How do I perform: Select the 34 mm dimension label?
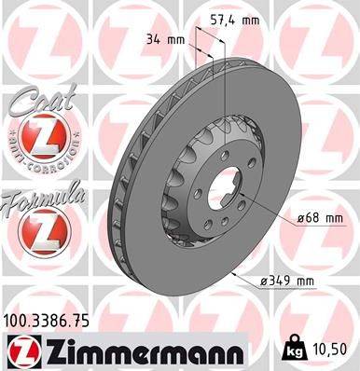[164, 38]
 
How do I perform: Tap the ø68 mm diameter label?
[320, 218]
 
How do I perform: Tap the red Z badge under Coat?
[42, 140]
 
